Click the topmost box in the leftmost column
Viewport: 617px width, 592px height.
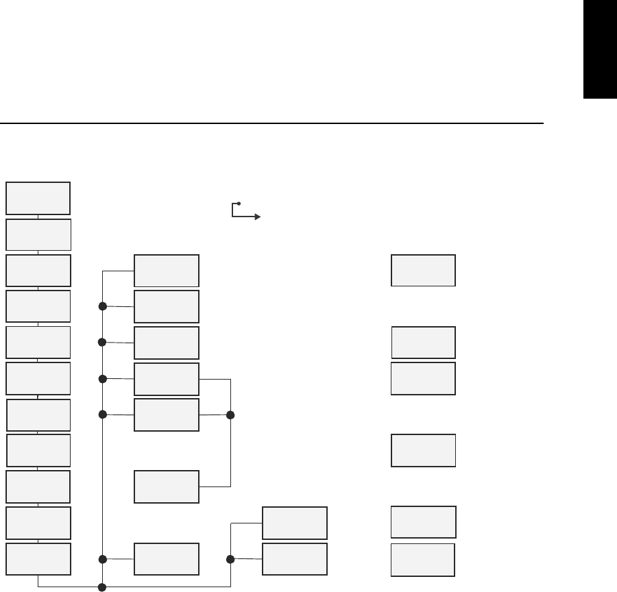pos(38,198)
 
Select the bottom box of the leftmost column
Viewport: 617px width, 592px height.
pos(38,559)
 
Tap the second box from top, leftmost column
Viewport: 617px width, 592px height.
pos(38,234)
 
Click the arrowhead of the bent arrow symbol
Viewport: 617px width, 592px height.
pos(257,217)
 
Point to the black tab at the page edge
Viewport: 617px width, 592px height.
pos(600,49)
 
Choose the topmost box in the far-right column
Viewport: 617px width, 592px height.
pos(423,270)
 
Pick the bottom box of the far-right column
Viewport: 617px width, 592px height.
pos(423,559)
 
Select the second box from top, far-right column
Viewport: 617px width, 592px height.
pos(423,343)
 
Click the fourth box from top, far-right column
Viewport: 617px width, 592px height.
pos(423,449)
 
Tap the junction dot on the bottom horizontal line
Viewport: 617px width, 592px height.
pos(102,587)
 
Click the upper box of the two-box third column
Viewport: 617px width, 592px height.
pos(295,523)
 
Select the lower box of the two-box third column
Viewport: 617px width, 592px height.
pos(295,559)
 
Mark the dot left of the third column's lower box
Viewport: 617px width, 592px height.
pos(231,559)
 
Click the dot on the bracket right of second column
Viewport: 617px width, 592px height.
pos(230,415)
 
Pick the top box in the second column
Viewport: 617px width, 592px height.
pos(167,270)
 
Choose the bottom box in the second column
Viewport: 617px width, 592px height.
pos(167,559)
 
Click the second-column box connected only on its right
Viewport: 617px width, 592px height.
pos(167,486)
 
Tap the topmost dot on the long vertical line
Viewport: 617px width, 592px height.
pos(103,306)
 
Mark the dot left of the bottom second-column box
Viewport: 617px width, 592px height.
pos(103,559)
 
